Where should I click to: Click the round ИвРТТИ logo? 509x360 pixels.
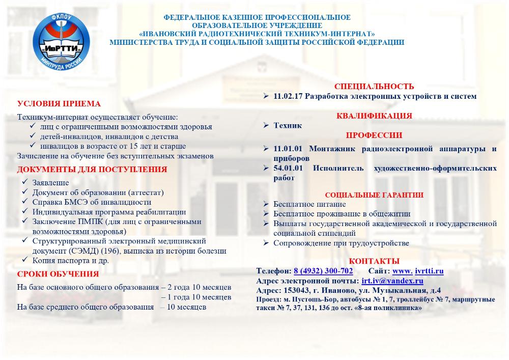click(62, 41)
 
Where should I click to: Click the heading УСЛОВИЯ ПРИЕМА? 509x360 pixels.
click(59, 103)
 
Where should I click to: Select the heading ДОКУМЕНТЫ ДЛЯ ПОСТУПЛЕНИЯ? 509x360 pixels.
click(92, 169)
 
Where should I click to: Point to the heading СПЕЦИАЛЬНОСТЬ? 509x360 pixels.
click(374, 87)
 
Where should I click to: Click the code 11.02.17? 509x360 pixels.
click(288, 96)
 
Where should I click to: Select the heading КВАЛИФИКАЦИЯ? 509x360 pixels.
click(374, 116)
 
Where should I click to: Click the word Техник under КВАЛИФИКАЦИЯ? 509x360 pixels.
click(288, 125)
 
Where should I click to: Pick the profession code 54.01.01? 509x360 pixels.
click(288, 168)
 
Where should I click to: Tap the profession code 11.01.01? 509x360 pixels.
click(288, 149)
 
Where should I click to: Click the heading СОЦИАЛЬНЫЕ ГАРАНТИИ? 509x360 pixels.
click(374, 195)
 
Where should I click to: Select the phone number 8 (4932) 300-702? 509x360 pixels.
click(323, 271)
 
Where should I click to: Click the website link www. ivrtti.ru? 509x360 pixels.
click(418, 271)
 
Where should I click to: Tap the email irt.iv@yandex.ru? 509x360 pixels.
click(392, 281)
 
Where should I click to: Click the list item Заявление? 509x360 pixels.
click(50, 182)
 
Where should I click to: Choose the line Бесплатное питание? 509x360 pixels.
click(303, 204)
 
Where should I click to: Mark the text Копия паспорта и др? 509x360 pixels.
click(70, 260)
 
